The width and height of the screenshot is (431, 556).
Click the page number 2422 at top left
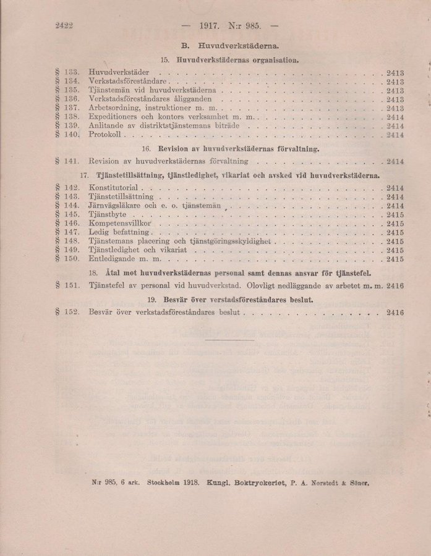coord(64,27)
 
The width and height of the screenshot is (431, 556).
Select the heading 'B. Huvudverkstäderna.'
coord(229,46)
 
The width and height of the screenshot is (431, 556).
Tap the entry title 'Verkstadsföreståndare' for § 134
coord(128,81)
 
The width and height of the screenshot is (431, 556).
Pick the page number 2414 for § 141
coord(395,161)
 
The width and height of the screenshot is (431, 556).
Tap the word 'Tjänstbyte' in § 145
coord(108,214)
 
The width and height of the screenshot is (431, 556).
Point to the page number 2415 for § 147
coord(395,232)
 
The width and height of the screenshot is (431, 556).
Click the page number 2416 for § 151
coord(395,286)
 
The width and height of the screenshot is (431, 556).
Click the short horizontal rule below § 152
coord(228,339)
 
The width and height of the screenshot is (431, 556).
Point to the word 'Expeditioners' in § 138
coord(115,116)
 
